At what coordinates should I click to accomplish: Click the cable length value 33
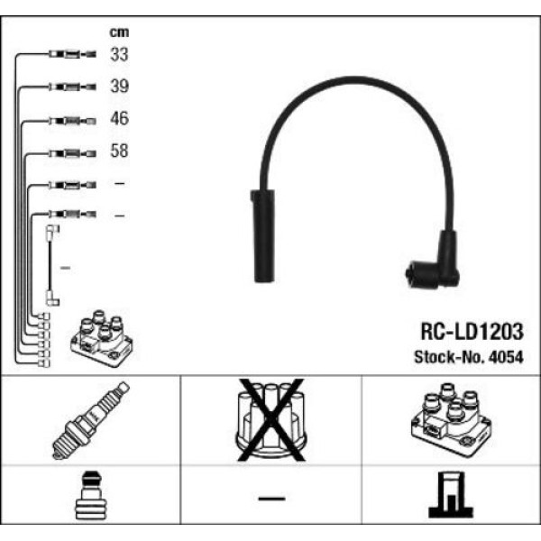pyautogui.click(x=119, y=55)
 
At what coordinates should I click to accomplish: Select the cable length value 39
pyautogui.click(x=119, y=87)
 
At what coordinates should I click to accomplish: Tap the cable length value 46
pyautogui.click(x=119, y=119)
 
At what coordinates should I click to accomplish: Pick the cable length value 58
pyautogui.click(x=119, y=151)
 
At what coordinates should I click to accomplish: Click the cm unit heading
pyautogui.click(x=119, y=32)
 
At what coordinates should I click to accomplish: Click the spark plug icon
pyautogui.click(x=90, y=420)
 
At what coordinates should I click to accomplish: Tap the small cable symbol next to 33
pyautogui.click(x=69, y=56)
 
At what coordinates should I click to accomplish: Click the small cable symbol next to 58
pyautogui.click(x=69, y=152)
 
